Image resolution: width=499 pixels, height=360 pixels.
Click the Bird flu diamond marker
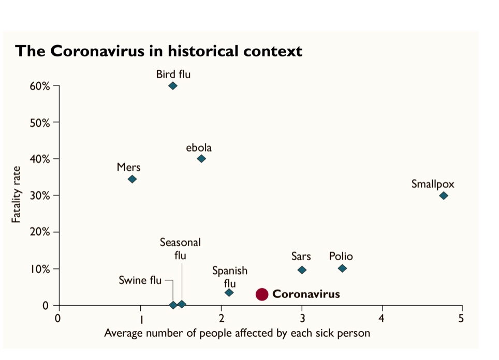(x=173, y=86)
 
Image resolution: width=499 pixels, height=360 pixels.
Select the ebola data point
(x=201, y=159)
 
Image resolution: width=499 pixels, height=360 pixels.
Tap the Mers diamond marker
(x=132, y=179)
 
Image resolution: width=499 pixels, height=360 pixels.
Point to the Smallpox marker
(x=444, y=196)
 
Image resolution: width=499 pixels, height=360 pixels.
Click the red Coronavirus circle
(x=262, y=294)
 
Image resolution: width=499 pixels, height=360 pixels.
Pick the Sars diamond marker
(x=302, y=270)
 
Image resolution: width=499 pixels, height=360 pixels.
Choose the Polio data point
(x=342, y=268)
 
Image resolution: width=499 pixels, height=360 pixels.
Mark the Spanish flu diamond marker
(x=229, y=293)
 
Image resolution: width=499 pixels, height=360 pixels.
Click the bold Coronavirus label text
(x=306, y=294)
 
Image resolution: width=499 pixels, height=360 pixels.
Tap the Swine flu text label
(x=140, y=281)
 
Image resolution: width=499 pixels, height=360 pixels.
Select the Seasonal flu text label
(x=180, y=249)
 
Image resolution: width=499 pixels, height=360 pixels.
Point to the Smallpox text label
(x=433, y=184)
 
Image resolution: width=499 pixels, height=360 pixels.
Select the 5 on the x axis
(x=461, y=318)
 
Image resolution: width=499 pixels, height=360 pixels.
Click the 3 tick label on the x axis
(x=302, y=318)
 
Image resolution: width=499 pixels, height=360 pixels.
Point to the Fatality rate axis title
(x=17, y=194)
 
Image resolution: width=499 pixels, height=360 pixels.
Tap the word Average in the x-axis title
(x=123, y=333)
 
